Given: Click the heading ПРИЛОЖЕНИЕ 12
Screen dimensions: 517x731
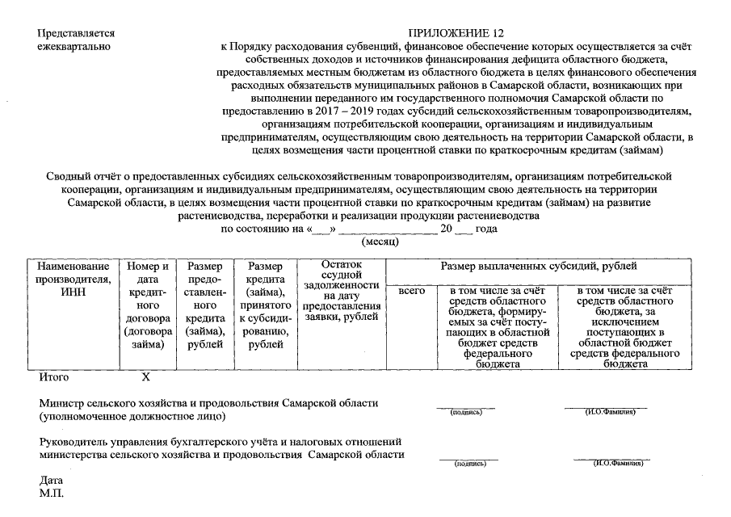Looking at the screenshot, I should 456,33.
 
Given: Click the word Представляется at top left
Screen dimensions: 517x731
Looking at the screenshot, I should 76,33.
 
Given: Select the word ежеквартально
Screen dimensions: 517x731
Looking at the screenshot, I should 74,47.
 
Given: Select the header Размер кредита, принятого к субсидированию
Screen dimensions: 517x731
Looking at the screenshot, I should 265,305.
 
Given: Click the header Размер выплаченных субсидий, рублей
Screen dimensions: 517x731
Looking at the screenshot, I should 538,266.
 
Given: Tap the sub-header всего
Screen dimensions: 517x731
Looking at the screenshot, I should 412,290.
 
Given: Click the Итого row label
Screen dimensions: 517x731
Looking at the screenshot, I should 53,377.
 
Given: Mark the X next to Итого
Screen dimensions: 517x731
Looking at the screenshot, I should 146,377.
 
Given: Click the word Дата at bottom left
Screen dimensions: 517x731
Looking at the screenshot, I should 51,480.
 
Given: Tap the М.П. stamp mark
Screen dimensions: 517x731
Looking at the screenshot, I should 51,493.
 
